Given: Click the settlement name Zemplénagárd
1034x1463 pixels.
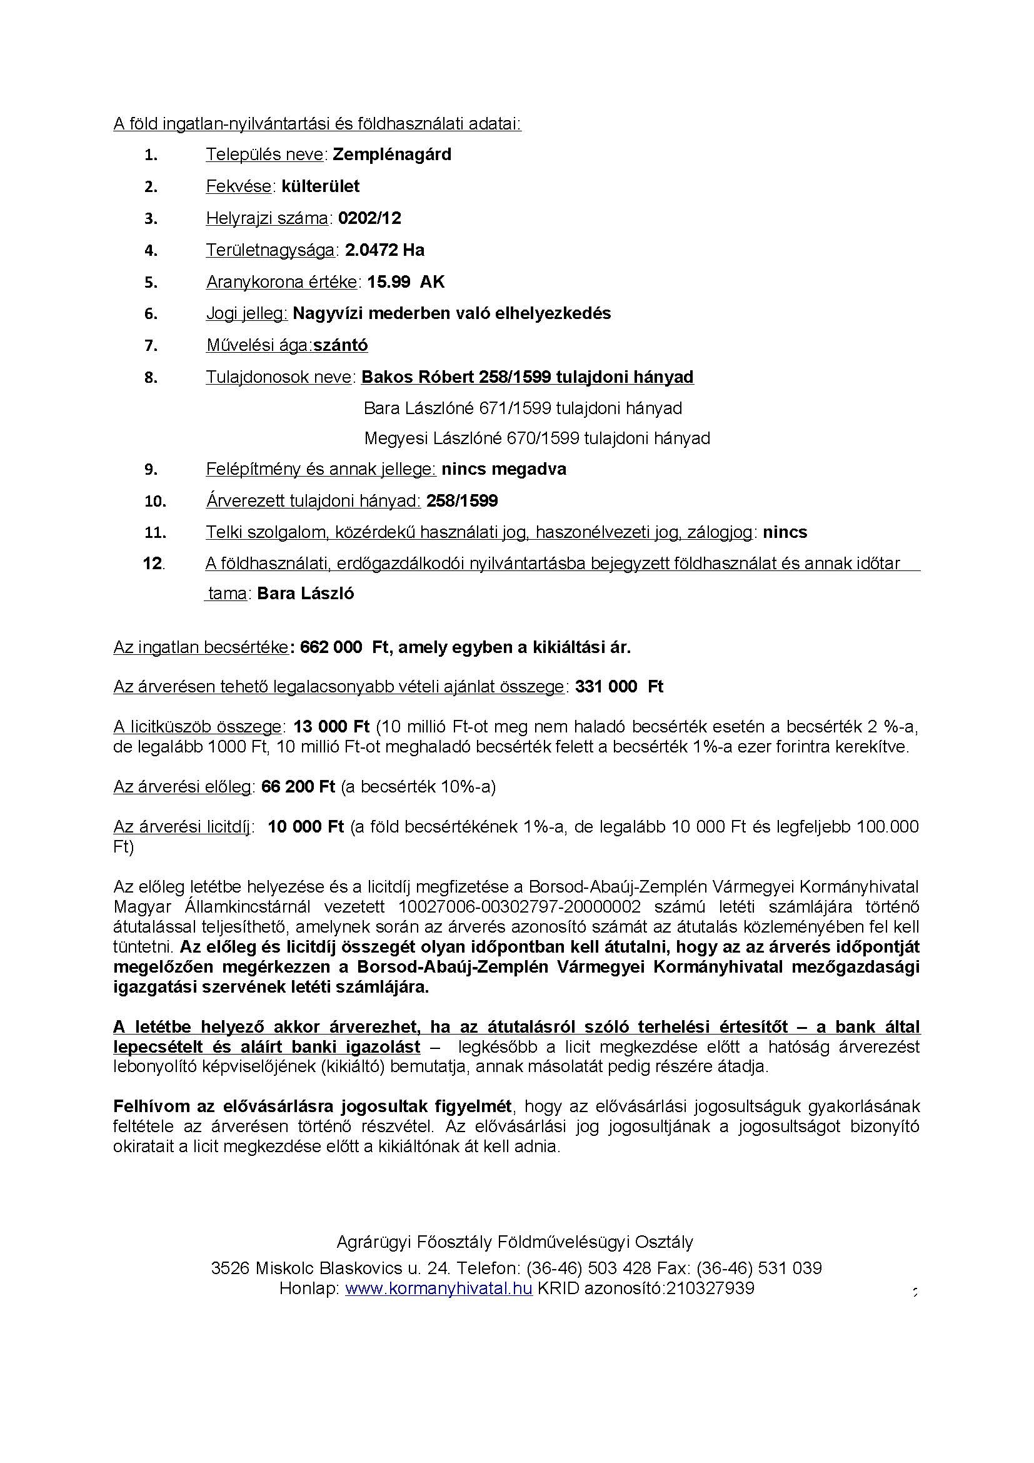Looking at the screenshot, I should [x=391, y=155].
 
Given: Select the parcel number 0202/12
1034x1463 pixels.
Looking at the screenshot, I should [x=369, y=218].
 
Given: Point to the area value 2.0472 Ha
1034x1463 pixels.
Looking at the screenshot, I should [x=384, y=250].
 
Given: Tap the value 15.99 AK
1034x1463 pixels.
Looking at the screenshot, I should [x=406, y=281].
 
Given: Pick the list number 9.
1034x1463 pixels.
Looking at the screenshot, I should [x=150, y=470].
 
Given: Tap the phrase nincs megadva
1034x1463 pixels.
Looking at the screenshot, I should [x=504, y=470].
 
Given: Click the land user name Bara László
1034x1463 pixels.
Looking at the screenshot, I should [x=306, y=594].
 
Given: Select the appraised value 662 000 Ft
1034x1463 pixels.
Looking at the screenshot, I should [x=344, y=648].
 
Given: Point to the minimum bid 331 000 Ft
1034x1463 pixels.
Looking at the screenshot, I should [x=619, y=687].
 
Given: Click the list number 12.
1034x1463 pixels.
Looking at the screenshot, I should [x=153, y=564].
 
